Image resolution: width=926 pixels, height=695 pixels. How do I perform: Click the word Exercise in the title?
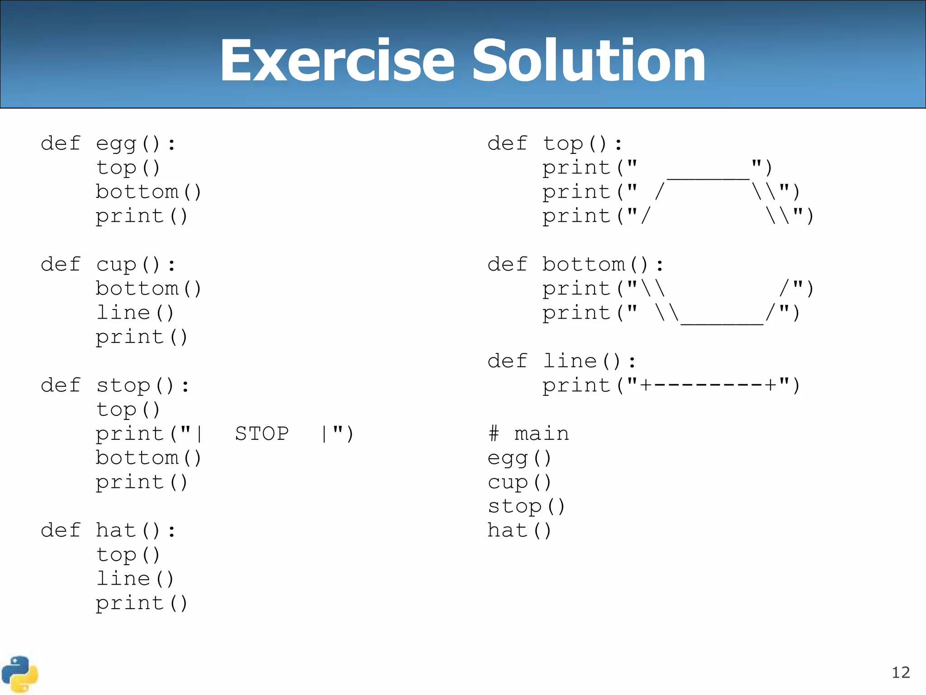click(x=337, y=61)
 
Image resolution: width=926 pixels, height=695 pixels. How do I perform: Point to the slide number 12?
click(x=900, y=673)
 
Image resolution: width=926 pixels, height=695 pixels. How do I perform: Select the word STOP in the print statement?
click(x=262, y=434)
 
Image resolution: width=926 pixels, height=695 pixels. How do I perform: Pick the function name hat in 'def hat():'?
click(x=116, y=530)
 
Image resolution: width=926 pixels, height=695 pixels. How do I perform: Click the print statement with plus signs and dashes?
click(x=671, y=386)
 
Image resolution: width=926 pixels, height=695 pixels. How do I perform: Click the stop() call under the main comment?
click(x=526, y=507)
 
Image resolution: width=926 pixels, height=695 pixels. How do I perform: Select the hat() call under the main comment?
click(x=519, y=530)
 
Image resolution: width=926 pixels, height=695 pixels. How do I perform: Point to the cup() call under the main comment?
click(x=519, y=483)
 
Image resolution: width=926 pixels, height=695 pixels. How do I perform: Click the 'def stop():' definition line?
click(x=115, y=386)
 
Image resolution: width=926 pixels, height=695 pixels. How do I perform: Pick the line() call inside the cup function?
click(x=135, y=313)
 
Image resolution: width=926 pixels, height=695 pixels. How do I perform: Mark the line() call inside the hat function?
click(x=135, y=579)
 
